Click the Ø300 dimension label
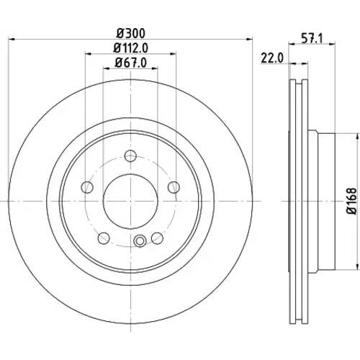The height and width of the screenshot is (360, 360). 131,33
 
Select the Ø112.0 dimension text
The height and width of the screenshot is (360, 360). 131,48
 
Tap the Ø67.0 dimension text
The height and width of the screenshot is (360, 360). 130,63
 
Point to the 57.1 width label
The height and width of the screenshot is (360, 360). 312,38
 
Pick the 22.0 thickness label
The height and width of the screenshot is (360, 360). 272,58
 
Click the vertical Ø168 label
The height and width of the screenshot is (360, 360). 351,201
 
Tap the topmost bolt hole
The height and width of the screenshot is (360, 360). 130,156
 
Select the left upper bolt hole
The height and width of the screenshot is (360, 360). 87,187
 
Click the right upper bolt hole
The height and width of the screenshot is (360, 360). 174,187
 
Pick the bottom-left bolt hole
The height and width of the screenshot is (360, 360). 104,238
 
